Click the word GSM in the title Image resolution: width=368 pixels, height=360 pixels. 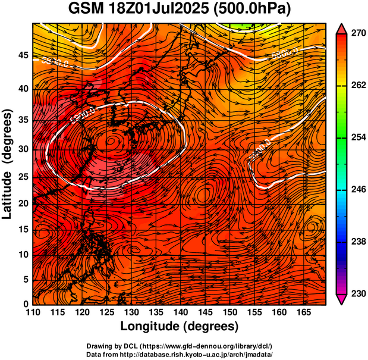click(86, 10)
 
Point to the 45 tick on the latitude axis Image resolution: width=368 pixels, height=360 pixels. click(23, 55)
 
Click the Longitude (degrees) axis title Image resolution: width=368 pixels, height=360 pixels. click(180, 327)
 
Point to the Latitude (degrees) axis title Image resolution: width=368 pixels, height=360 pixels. click(8, 164)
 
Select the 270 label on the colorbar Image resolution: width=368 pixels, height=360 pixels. click(356, 34)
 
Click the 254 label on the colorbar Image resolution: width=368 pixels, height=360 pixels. click(356, 137)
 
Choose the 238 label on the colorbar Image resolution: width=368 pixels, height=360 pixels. click(356, 242)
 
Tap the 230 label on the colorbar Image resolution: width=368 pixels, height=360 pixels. click(356, 293)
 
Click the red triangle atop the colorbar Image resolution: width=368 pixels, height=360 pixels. click(341, 29)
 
